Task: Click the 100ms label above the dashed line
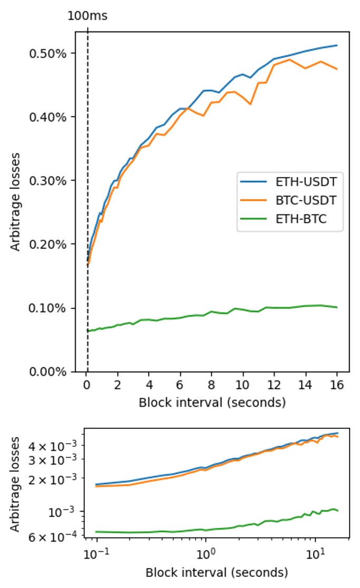(87, 16)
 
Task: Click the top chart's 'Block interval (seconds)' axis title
(212, 403)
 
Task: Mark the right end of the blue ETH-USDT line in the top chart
(337, 45)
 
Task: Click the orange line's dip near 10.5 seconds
(250, 104)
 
